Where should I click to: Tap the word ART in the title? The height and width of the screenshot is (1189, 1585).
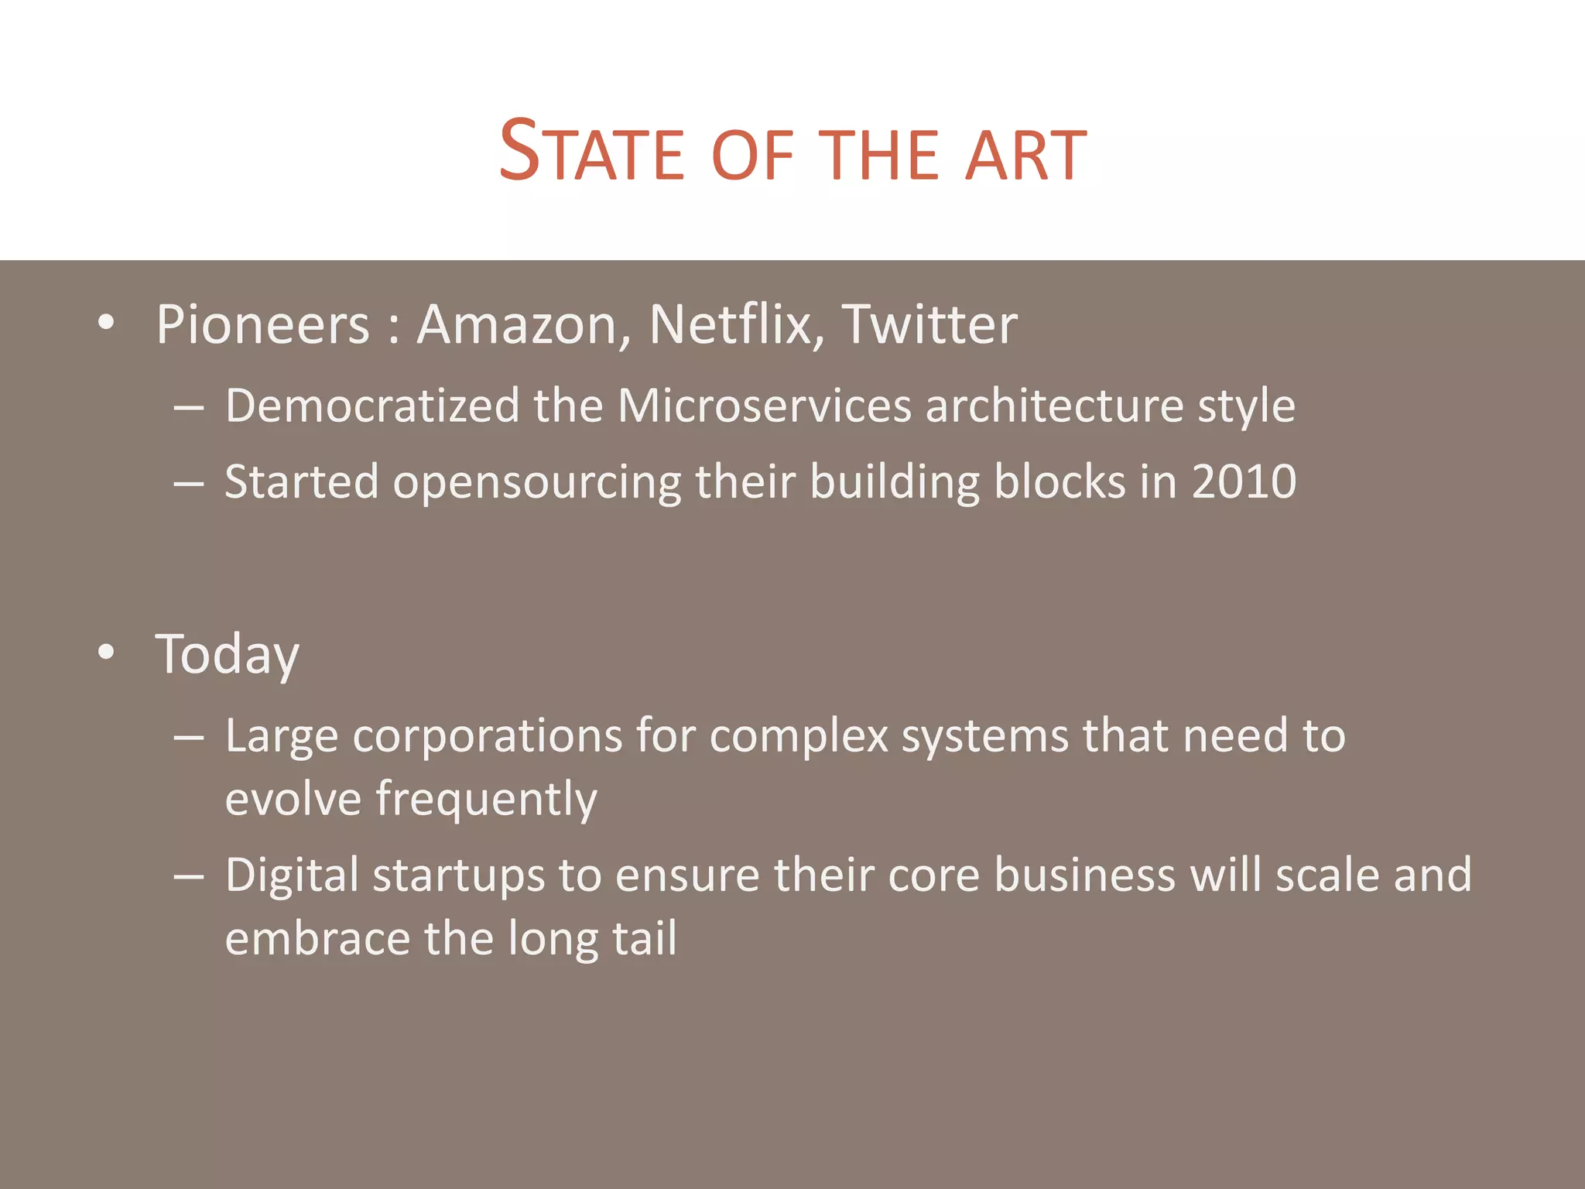coord(1025,155)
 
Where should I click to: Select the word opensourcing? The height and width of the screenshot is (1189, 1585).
coord(537,482)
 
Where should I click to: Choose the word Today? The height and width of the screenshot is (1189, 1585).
coord(227,655)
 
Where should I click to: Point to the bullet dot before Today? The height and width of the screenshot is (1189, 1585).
coord(107,653)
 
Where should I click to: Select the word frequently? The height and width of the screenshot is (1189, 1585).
coord(487,799)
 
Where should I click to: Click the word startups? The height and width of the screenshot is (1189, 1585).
coord(460,875)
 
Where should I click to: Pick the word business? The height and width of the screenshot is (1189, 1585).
coord(1084,875)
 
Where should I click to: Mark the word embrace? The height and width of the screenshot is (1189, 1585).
coord(317,938)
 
